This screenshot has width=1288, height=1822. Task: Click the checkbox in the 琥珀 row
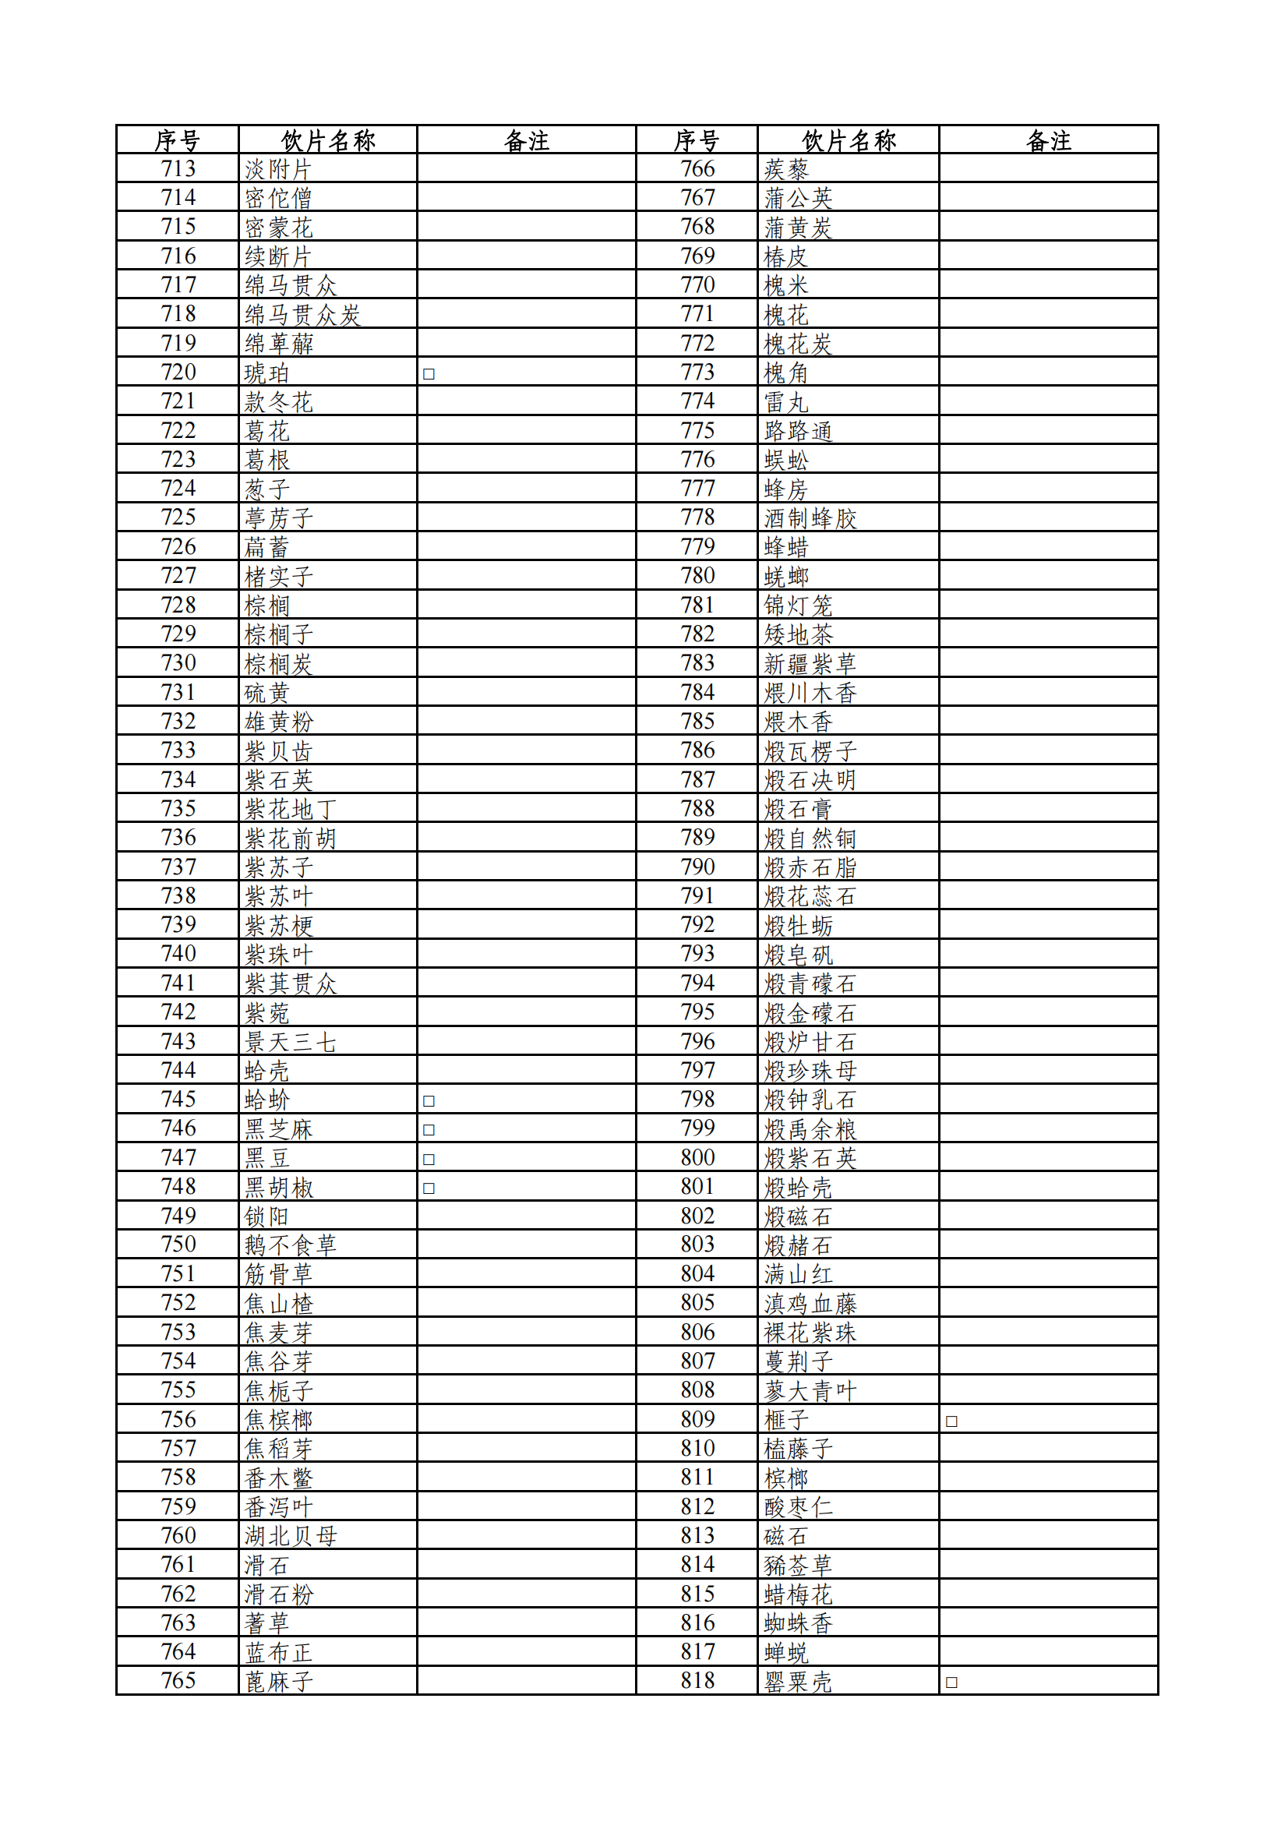[x=429, y=374]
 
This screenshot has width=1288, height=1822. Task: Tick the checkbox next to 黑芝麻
[x=429, y=1129]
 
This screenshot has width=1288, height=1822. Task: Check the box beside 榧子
[x=951, y=1421]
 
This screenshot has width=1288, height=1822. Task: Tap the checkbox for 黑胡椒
[x=429, y=1188]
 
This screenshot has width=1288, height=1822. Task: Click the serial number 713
[x=178, y=169]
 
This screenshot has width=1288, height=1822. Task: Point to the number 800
[x=697, y=1158]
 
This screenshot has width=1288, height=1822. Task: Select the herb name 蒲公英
[x=798, y=199]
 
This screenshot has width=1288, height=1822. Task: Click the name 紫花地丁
[x=291, y=810]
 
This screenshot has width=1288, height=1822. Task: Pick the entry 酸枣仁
[x=798, y=1507]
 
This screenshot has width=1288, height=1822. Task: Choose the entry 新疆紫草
[x=810, y=663]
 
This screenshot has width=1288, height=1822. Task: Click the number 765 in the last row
[x=178, y=1681]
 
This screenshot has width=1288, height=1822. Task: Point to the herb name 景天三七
[x=291, y=1042]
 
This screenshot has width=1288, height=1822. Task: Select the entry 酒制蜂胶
[x=810, y=518]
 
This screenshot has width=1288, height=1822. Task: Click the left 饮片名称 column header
[x=328, y=140]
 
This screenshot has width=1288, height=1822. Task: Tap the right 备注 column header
[x=1048, y=140]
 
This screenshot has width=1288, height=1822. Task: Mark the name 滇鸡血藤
[x=810, y=1304]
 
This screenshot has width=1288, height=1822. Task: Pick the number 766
[x=697, y=169]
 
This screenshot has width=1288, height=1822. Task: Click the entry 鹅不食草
[x=291, y=1245]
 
